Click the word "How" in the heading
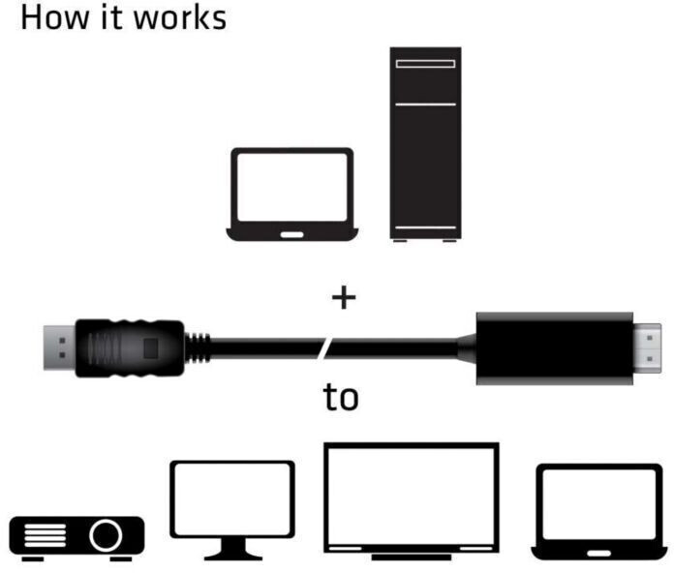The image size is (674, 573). (x=54, y=18)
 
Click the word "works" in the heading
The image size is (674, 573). (x=180, y=19)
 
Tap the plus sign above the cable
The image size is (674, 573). (x=344, y=297)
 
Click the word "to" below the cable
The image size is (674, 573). (x=341, y=397)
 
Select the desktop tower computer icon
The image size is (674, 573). (x=425, y=144)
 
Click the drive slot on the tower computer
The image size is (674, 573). (x=425, y=64)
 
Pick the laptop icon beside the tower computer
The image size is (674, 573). (x=292, y=195)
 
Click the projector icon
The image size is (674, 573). (x=77, y=538)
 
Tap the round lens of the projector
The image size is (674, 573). (x=106, y=535)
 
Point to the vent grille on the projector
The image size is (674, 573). (x=46, y=535)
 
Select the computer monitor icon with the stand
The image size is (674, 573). (x=232, y=510)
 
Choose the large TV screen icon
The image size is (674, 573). (x=412, y=501)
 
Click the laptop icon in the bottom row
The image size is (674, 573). (x=599, y=512)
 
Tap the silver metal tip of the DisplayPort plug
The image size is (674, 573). (x=59, y=347)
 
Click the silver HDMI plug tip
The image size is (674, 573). (x=647, y=348)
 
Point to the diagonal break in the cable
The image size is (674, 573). (x=325, y=348)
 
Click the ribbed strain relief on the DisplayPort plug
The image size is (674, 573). (x=198, y=348)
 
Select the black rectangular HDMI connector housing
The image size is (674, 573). (x=555, y=348)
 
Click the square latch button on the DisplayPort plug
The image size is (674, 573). (x=150, y=347)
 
